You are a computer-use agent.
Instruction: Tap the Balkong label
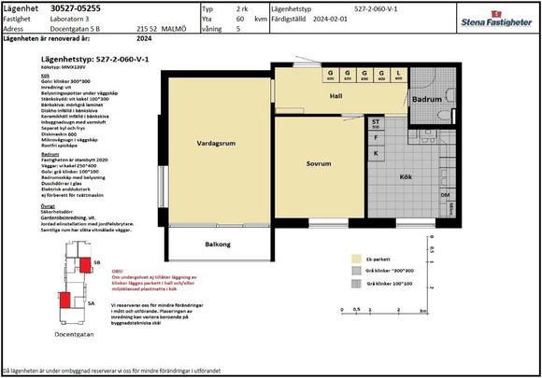pos(218,245)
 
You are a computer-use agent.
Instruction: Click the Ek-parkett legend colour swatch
pos(356,259)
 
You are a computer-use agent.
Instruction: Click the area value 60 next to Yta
pos(240,18)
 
